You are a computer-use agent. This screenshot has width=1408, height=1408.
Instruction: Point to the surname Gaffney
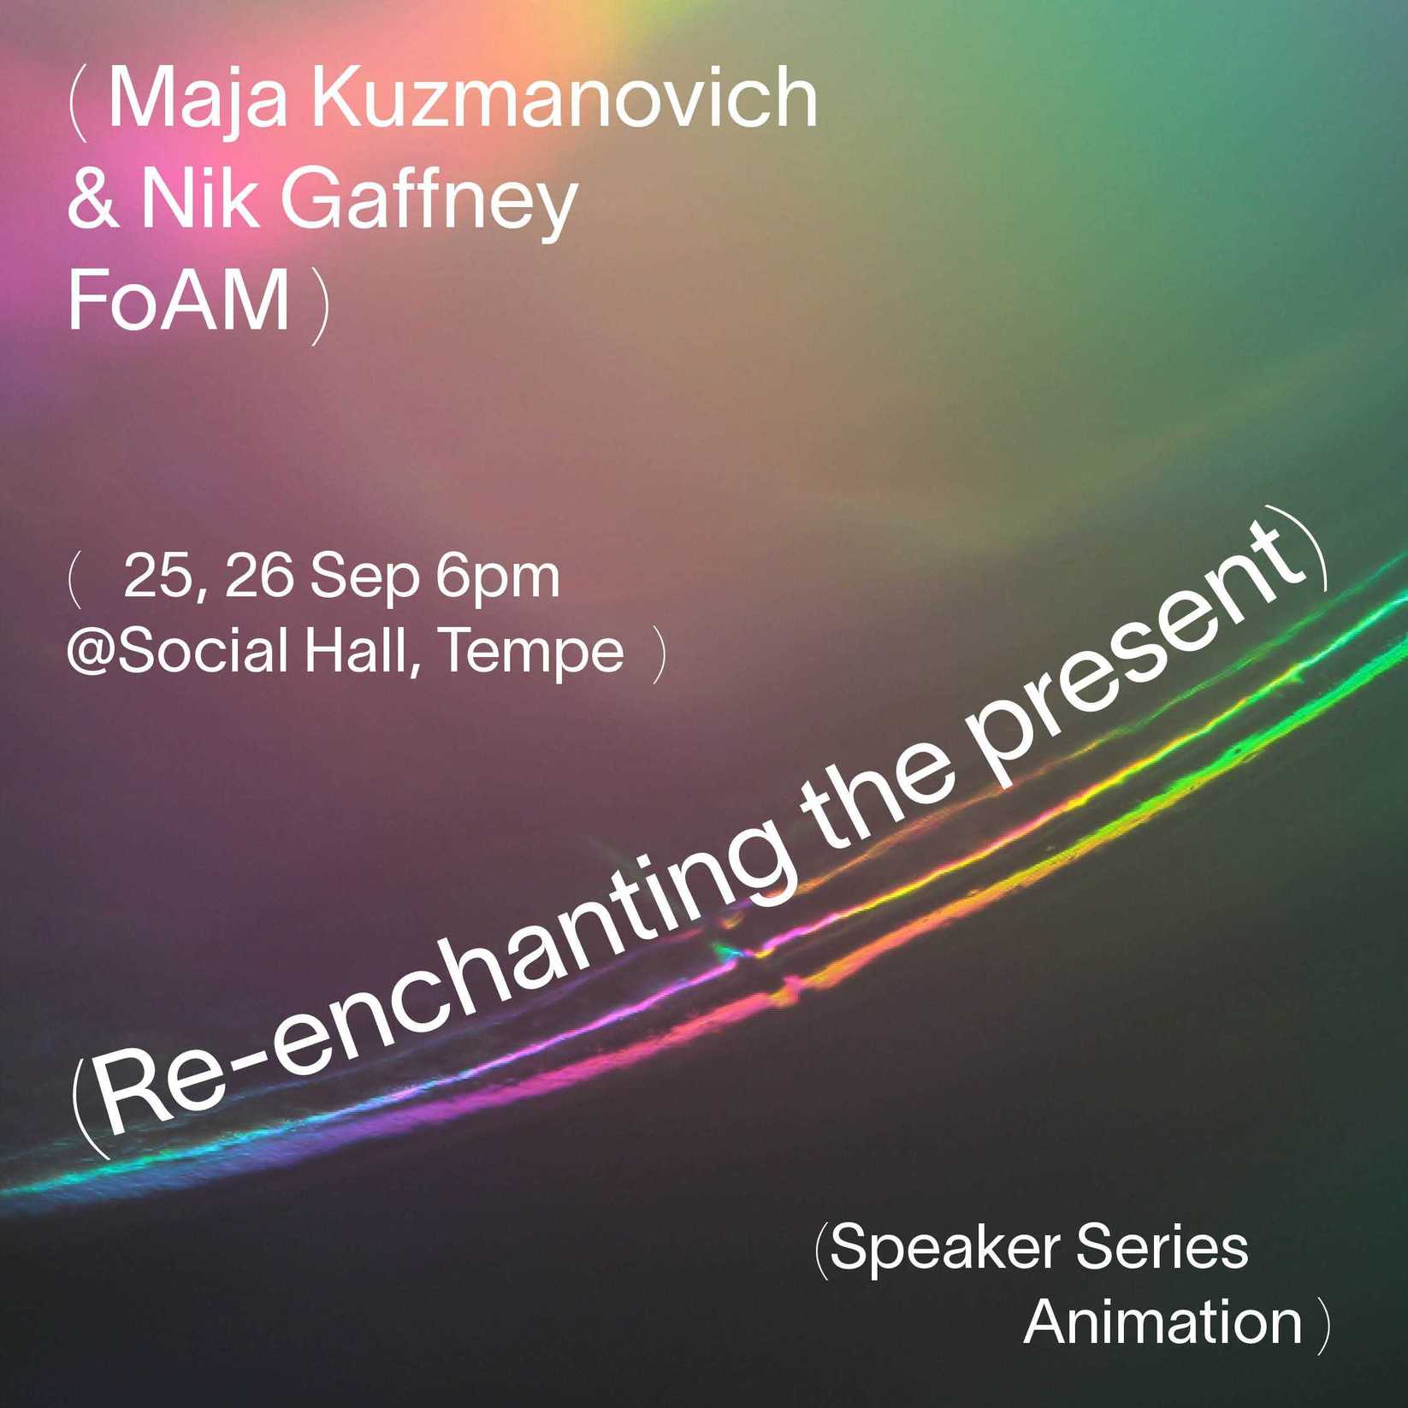pos(429,206)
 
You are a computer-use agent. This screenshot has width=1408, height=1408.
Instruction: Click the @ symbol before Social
pos(92,654)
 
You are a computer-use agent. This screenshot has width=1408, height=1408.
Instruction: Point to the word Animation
pos(1162,1322)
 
